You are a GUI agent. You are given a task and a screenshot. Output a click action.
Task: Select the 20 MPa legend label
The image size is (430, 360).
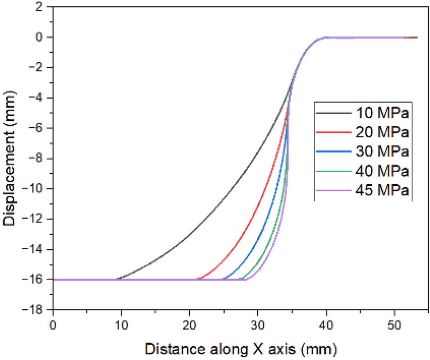(x=382, y=133)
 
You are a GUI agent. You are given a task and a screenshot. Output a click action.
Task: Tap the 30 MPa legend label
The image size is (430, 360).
(x=382, y=152)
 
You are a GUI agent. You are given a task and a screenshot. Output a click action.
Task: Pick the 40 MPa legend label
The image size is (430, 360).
(x=382, y=171)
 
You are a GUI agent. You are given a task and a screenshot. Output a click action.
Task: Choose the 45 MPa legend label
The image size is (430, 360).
(x=382, y=190)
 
